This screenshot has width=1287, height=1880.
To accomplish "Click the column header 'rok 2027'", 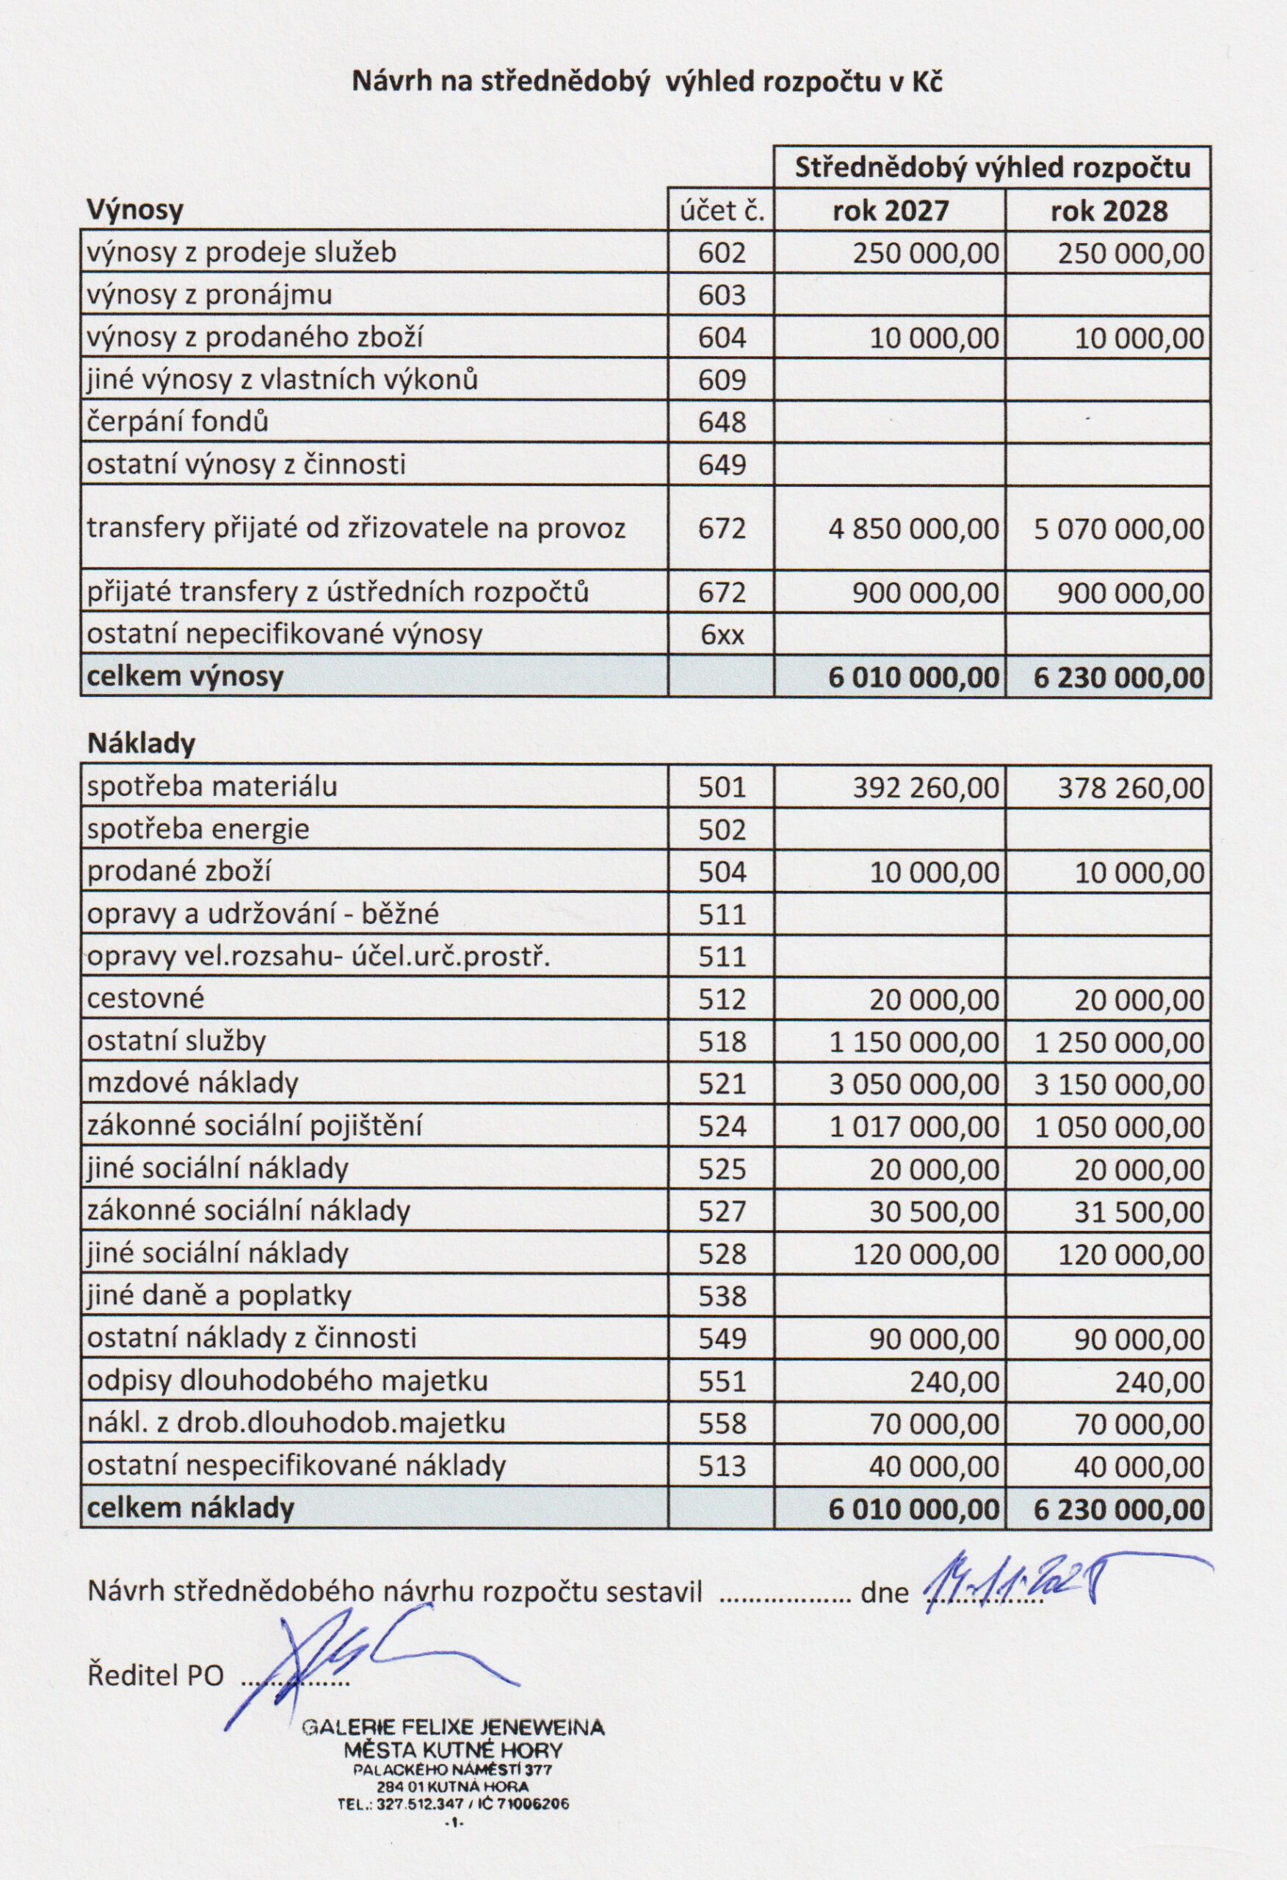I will point(890,211).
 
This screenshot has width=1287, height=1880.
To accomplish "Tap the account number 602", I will point(722,253).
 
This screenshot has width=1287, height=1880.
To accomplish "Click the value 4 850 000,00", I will point(913,529).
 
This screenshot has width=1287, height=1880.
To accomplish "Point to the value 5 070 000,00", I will point(1119,529).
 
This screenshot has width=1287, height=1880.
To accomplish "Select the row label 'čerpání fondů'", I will point(178,422).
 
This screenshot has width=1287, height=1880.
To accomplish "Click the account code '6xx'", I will point(722,634).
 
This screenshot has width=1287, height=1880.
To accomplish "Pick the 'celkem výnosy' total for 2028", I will point(1119,677).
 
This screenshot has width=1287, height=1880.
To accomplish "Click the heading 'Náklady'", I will point(141,743).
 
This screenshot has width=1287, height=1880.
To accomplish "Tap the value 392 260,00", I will point(925,787).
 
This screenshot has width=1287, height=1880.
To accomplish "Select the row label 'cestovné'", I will point(145,998).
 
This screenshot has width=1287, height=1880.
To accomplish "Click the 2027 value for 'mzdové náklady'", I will point(913,1084).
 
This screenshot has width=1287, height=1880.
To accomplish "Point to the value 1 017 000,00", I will point(913,1127).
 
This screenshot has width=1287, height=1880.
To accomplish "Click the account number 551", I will point(722,1381).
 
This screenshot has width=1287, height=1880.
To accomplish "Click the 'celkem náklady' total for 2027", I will point(913,1509).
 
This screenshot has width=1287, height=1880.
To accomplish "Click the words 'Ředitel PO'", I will point(154,1674).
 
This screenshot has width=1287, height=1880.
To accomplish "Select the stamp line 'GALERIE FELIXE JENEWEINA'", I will point(453,1728).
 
